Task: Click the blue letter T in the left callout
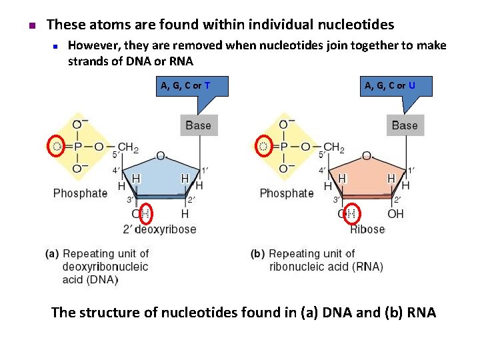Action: tap(208, 85)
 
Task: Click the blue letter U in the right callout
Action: tap(412, 85)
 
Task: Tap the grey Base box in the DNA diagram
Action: tap(198, 125)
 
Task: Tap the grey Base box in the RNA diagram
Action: tap(404, 125)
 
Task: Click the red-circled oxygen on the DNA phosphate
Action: tap(57, 147)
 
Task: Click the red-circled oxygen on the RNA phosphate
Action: tap(263, 147)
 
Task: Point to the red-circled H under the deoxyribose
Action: tap(145, 214)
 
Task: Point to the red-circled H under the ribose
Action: tap(352, 214)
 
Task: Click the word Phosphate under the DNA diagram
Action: tap(80, 193)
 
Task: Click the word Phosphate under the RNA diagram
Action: tap(287, 193)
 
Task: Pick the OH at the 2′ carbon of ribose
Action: tap(395, 214)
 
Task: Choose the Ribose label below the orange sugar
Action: tap(367, 229)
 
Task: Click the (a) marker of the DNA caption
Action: tap(52, 253)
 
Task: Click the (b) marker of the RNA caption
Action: tap(258, 253)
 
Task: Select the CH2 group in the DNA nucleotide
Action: tap(128, 147)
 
